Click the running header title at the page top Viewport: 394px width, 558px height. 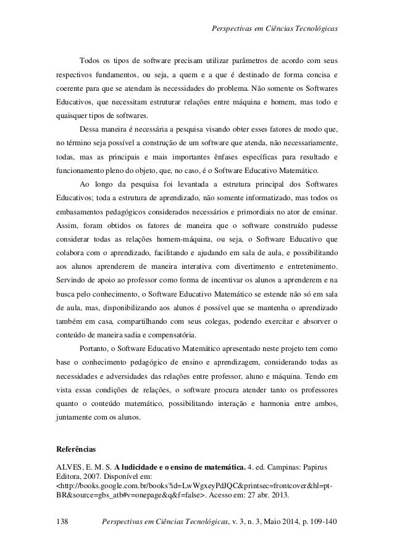point(275,14)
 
